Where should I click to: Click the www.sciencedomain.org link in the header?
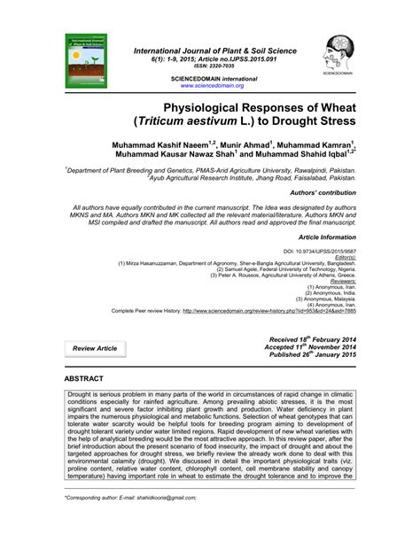click(212, 86)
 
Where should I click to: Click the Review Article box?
click(95, 349)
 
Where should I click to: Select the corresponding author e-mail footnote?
click(136, 523)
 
